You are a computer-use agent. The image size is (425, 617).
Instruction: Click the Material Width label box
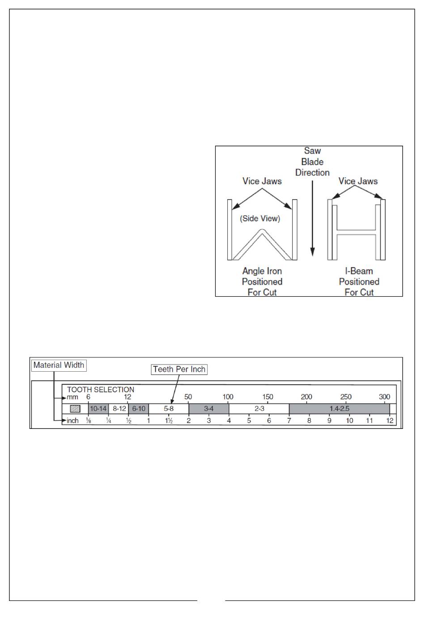click(59, 365)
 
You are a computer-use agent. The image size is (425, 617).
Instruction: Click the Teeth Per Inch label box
click(179, 369)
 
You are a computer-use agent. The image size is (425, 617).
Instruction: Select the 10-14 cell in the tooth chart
click(98, 409)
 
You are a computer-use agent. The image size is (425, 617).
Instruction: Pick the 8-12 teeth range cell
click(119, 409)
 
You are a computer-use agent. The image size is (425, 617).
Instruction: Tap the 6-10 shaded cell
click(139, 409)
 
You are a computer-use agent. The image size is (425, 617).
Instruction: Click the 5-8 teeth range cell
click(169, 409)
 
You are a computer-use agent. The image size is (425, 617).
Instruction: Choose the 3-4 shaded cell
click(209, 409)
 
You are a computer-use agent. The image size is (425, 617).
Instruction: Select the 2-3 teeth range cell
click(259, 409)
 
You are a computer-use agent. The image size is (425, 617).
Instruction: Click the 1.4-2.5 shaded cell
click(340, 409)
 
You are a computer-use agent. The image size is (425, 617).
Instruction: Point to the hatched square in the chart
click(75, 409)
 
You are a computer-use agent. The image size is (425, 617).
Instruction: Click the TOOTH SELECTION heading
click(101, 390)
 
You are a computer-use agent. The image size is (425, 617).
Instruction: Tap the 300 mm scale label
click(384, 397)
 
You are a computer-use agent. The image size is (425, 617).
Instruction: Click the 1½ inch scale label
click(169, 421)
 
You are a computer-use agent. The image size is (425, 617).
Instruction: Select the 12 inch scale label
click(390, 421)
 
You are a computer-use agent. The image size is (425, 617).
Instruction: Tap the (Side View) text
click(260, 218)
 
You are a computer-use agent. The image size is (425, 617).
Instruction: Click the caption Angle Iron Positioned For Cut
click(262, 281)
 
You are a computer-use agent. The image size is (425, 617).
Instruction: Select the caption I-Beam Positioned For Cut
click(359, 281)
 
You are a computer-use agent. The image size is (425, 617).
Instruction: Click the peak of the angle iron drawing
click(262, 231)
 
